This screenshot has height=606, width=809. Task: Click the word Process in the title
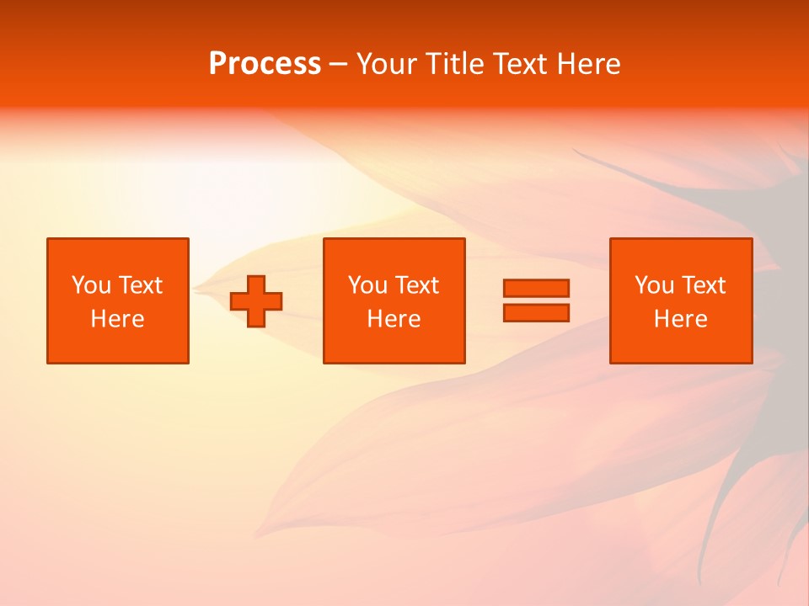coord(265,64)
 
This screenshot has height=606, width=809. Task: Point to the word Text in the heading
coord(523,64)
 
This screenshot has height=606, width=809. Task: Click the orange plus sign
coord(256,301)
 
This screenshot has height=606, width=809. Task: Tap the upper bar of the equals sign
coord(536,289)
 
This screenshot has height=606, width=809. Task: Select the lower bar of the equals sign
coord(536,312)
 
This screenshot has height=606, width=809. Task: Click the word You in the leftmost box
coord(91,285)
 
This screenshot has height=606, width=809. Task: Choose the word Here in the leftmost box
coord(117,319)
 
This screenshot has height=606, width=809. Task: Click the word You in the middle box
coord(367,285)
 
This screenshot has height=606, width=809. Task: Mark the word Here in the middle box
coord(394,319)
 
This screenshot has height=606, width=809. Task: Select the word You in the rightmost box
coord(654,285)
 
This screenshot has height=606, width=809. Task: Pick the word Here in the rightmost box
coord(680,319)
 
